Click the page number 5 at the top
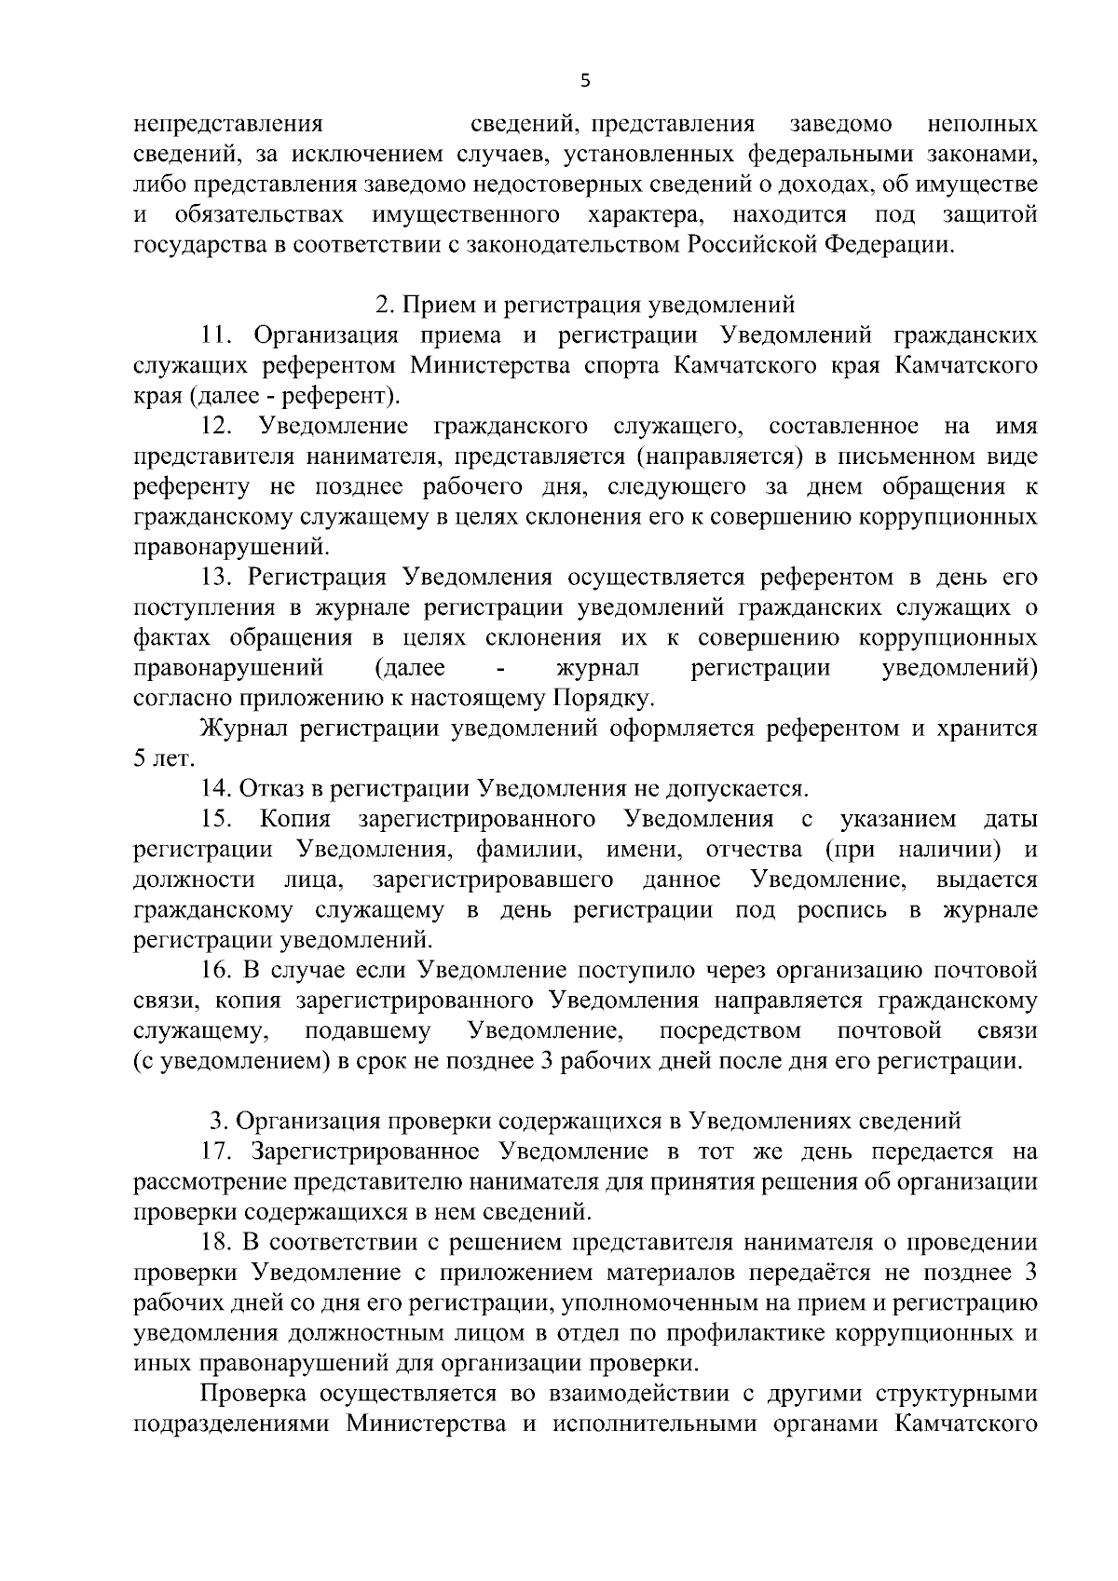pyautogui.click(x=584, y=81)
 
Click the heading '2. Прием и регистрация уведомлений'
pyautogui.click(x=584, y=305)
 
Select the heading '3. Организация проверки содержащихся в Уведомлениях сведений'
pyautogui.click(x=584, y=1121)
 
